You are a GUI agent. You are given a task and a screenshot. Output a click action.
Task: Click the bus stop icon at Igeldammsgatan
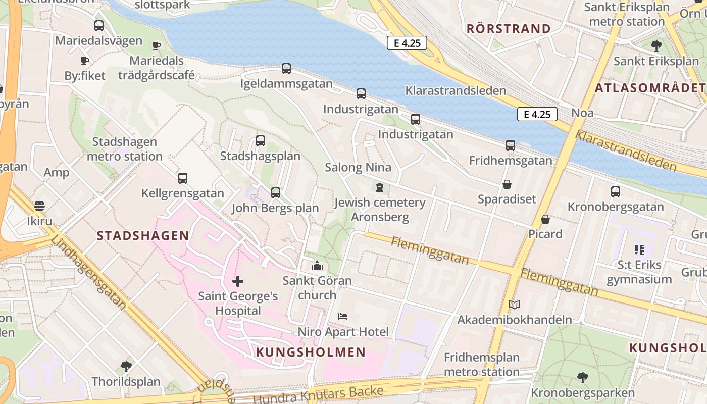point(286,69)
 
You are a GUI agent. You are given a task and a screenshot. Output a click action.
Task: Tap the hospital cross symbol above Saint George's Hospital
point(238,281)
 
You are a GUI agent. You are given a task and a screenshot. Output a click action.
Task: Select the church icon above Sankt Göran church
point(317,265)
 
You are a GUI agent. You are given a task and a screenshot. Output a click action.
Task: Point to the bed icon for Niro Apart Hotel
point(343,317)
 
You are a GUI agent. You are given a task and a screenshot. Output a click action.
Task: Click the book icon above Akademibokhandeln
point(515,305)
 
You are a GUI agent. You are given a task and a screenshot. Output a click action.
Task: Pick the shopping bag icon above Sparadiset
point(507,184)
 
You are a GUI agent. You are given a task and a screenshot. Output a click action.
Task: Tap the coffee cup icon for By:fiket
point(85,61)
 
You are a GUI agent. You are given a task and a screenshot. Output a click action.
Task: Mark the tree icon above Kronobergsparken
point(582,377)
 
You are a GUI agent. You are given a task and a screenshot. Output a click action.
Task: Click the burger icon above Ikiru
point(39,206)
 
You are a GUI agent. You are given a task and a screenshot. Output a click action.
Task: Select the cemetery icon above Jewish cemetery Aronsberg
point(380,187)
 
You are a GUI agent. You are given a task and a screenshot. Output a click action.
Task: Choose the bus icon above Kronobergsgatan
point(615,192)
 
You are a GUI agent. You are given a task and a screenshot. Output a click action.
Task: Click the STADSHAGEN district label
point(143,235)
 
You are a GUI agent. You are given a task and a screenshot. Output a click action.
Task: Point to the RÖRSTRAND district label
point(508,29)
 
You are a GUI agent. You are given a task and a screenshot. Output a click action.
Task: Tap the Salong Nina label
point(358,167)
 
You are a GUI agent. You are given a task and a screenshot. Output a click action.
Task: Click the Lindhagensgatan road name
point(88,272)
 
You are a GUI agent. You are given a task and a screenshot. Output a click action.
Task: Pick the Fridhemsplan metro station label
point(481,365)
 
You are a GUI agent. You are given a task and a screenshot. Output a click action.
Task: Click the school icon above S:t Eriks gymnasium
point(639,249)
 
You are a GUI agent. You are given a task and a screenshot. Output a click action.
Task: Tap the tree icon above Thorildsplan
point(126,366)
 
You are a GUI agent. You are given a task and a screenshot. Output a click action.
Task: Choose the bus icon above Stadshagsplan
point(261,141)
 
